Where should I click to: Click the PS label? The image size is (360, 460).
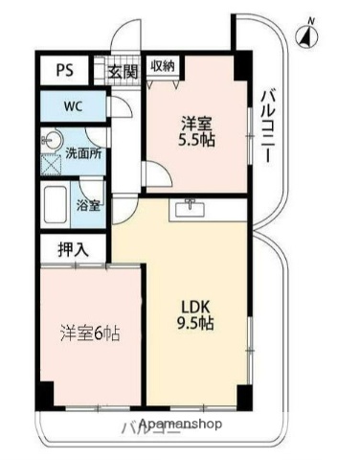pyautogui.click(x=64, y=69)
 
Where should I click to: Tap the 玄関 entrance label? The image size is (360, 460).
pyautogui.click(x=122, y=69)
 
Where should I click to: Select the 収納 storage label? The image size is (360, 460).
pyautogui.click(x=163, y=66)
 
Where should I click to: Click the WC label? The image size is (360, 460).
pyautogui.click(x=74, y=105)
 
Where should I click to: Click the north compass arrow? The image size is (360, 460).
pyautogui.click(x=306, y=36)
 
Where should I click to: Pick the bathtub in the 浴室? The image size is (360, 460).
pyautogui.click(x=56, y=204)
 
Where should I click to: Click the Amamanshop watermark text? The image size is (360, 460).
pyautogui.click(x=181, y=424)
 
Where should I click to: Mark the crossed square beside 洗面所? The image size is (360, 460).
pyautogui.click(x=50, y=160)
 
